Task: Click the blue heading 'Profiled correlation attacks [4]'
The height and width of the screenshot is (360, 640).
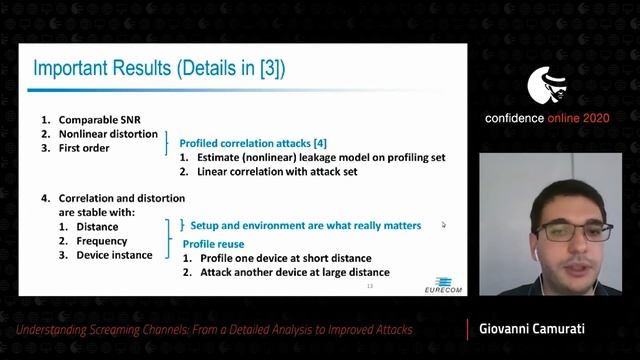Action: (246, 142)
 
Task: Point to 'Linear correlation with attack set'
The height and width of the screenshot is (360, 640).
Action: (286, 171)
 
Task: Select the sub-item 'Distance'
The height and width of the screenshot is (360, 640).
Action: (95, 226)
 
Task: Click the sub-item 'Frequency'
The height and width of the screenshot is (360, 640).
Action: (101, 240)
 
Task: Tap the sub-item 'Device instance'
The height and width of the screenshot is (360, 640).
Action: (114, 255)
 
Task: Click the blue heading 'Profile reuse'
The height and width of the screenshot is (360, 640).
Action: (213, 243)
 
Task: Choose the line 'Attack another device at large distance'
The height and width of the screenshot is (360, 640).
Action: (294, 272)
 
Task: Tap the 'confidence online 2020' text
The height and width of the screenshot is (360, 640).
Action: (556, 118)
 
